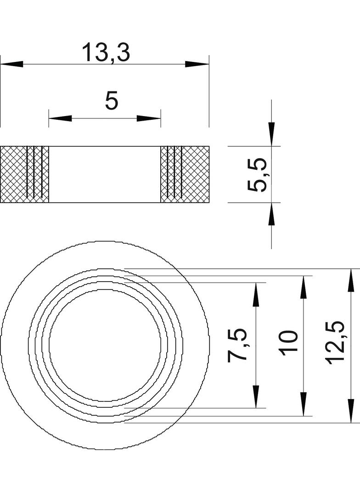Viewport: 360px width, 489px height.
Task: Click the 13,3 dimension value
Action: coord(106,53)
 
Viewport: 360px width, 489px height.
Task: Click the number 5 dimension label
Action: coord(112,101)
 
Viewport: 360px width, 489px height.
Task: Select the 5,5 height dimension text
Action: coord(257,174)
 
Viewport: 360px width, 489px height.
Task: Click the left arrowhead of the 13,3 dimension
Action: coord(12,64)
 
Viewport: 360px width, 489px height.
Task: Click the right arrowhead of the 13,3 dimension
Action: coord(197,64)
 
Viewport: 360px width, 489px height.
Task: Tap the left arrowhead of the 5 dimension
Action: coord(60,118)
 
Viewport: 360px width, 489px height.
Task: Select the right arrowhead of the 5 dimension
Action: coord(149,118)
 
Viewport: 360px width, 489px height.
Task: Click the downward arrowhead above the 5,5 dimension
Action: coord(272,134)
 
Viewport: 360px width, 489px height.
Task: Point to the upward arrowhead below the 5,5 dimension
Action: coord(272,214)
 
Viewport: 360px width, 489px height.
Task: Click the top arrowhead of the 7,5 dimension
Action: coord(256,295)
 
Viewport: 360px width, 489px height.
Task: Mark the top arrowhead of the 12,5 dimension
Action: coord(351,280)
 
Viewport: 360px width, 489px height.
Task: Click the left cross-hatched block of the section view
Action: coord(25,174)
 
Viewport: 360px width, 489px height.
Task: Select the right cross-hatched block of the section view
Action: coord(185,174)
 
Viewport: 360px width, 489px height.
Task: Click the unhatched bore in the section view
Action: coord(105,174)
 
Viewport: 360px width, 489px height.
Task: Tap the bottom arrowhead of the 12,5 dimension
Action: coord(351,411)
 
